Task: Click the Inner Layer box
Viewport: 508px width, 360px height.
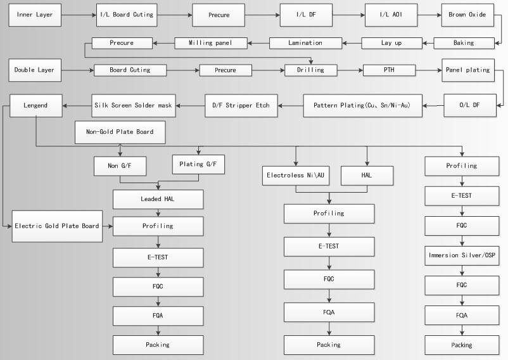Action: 35,15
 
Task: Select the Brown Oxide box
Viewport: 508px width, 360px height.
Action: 467,15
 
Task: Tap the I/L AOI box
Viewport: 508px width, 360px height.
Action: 391,15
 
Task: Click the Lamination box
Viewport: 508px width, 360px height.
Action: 305,43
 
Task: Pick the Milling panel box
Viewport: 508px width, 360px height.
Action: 210,43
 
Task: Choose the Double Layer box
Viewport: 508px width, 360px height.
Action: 34,70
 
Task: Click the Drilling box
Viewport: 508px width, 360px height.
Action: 310,70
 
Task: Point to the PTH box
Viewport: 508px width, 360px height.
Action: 389,70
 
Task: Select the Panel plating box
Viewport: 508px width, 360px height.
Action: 467,70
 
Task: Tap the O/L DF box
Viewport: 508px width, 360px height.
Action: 469,105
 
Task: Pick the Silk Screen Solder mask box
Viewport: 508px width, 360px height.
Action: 134,105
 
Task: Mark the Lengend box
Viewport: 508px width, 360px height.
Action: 35,105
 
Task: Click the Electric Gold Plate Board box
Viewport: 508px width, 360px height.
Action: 58,226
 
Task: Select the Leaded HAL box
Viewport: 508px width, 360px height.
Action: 158,200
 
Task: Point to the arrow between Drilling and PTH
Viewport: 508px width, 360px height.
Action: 350,70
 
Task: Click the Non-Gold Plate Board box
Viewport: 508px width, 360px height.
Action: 120,132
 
